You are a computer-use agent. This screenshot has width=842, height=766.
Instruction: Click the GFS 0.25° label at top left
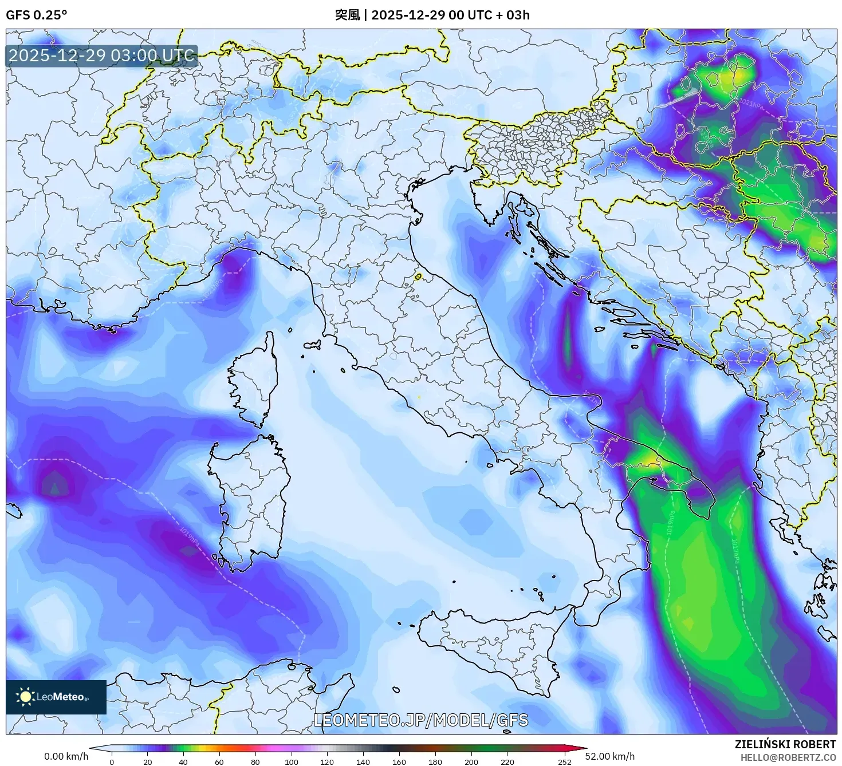pos(36,15)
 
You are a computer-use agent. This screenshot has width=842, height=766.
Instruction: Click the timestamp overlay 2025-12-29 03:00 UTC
pos(101,56)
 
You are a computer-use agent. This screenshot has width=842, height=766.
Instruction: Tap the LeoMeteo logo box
pos(56,697)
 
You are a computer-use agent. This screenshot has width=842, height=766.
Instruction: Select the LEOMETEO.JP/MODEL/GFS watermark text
pos(421,720)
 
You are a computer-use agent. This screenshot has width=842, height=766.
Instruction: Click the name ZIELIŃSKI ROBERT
pos(785,744)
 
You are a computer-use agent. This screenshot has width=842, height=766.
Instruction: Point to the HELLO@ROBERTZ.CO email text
pos(787,757)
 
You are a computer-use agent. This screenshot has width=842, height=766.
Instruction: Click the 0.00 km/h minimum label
pos(66,756)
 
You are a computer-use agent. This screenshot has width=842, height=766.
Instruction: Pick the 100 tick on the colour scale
pos(292,761)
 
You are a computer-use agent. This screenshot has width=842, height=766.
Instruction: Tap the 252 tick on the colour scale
pos(565,761)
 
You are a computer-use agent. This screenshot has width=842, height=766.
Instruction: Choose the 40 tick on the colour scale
pos(183,761)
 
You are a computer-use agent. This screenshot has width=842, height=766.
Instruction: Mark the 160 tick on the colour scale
pos(399,761)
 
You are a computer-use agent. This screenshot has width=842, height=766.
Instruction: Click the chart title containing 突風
pos(432,15)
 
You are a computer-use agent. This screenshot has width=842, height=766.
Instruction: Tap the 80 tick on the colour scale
pos(255,761)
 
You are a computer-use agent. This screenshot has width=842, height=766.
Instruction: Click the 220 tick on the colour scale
pos(507,761)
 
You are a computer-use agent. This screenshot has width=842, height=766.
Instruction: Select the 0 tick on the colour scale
pos(112,761)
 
